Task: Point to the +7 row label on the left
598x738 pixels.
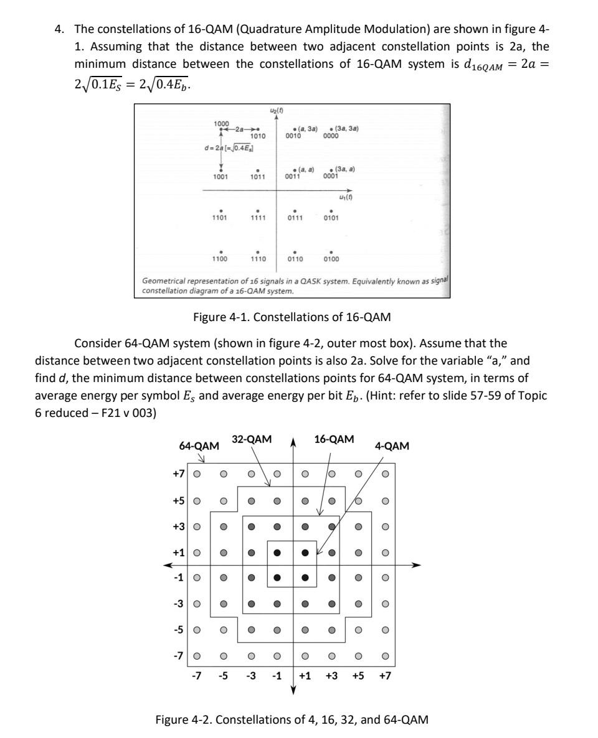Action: pyautogui.click(x=179, y=474)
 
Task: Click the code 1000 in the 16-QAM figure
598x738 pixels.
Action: pyautogui.click(x=221, y=123)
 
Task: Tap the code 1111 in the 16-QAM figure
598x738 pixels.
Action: pyautogui.click(x=257, y=218)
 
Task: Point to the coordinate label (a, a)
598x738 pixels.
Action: pyautogui.click(x=305, y=169)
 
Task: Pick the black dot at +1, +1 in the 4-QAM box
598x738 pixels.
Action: pyautogui.click(x=305, y=552)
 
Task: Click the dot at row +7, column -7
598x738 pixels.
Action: pyautogui.click(x=197, y=474)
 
